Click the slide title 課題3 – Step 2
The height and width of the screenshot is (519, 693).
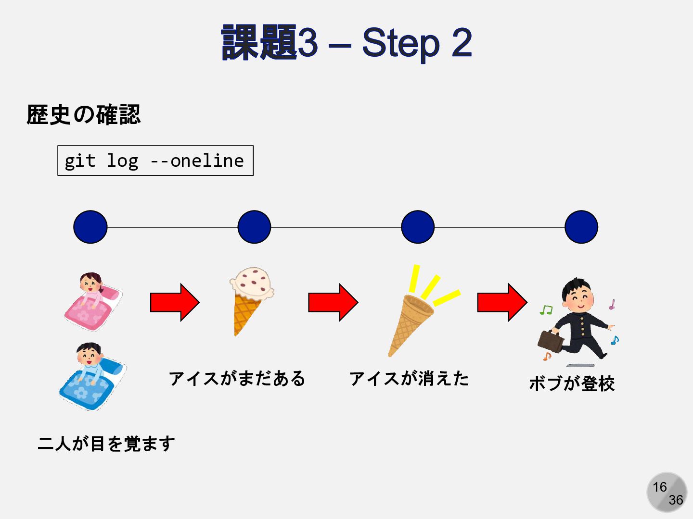346,43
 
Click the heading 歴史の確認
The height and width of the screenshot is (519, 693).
84,115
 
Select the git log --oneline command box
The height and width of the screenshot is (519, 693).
155,161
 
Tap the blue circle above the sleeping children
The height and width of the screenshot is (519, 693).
90,227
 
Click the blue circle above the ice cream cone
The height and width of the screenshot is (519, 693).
254,227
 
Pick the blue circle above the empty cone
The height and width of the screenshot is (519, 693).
418,227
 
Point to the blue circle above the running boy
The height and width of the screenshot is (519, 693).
581,227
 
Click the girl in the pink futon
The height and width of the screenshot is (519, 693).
92,302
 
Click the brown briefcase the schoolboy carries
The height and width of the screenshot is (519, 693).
550,341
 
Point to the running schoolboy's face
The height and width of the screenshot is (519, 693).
578,297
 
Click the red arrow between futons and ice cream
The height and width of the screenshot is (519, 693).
174,302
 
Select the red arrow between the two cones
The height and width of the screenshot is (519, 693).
333,302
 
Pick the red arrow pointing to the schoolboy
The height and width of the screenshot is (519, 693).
502,302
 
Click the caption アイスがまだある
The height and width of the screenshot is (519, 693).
237,379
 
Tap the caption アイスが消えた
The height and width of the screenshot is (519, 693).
409,379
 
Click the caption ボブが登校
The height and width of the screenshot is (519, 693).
572,383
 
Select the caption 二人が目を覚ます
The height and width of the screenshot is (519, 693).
106,443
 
